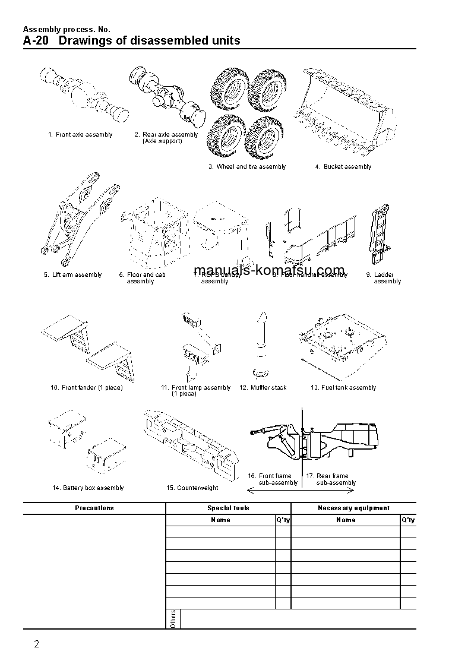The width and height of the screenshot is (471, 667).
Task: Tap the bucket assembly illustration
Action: [x=347, y=113]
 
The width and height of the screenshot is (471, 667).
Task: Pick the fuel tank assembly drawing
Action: [x=344, y=344]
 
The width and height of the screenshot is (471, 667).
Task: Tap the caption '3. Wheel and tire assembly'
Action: [x=247, y=167]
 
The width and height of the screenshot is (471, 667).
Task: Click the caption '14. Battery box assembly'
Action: [x=88, y=488]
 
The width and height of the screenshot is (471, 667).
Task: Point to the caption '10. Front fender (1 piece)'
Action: [x=86, y=388]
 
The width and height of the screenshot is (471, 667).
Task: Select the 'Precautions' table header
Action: [x=94, y=508]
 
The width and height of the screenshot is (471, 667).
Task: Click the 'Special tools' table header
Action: [x=228, y=508]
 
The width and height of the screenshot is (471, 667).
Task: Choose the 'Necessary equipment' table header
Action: [x=353, y=508]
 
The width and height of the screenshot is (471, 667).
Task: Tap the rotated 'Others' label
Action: [x=173, y=618]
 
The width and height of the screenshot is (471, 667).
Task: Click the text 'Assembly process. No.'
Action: [x=67, y=29]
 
